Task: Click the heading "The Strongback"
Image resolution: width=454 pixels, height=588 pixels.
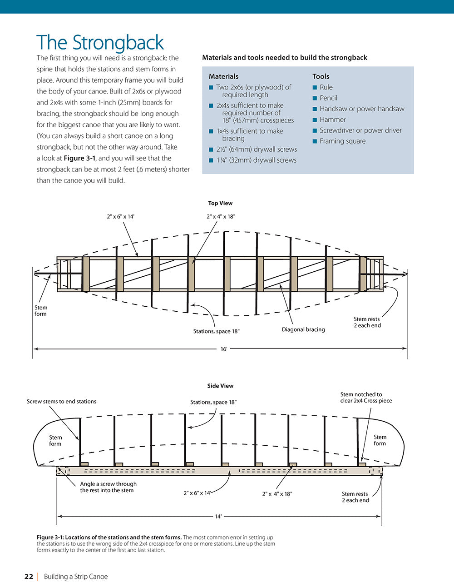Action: (100, 43)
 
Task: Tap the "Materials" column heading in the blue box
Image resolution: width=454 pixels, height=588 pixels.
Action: (223, 76)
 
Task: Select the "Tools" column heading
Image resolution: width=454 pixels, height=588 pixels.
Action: (321, 76)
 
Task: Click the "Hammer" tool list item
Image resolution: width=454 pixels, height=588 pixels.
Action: (332, 120)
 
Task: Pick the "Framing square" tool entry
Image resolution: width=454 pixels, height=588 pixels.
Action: (342, 141)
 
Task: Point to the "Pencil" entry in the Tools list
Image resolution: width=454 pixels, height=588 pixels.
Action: (328, 98)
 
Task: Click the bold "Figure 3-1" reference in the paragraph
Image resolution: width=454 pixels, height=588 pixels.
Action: (80, 158)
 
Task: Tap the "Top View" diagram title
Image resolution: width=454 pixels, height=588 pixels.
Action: (220, 203)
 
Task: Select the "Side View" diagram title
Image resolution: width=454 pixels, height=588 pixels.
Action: (220, 386)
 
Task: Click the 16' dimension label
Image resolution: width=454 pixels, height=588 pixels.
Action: (224, 349)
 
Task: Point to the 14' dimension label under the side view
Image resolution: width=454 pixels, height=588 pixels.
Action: (218, 517)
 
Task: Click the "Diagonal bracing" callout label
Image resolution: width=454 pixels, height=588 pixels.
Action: (303, 329)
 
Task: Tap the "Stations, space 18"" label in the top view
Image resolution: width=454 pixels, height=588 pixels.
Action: (216, 331)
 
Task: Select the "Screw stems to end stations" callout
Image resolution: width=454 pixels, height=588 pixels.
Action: (61, 401)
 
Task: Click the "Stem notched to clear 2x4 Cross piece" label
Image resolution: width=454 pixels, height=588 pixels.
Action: (366, 398)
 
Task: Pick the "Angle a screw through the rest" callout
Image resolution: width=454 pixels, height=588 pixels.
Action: (108, 487)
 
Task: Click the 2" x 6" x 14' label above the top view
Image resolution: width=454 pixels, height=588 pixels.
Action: (121, 217)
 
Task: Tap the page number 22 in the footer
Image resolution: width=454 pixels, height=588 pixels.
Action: (29, 577)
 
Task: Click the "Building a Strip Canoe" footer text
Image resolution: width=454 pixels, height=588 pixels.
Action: (76, 577)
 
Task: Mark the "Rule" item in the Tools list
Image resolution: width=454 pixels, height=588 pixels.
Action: (326, 87)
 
